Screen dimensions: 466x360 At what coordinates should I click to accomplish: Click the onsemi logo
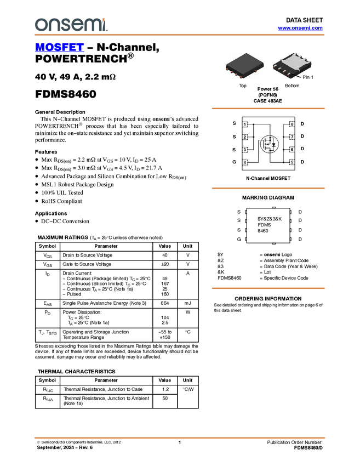[71, 25]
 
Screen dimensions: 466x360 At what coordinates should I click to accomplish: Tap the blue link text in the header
[300, 28]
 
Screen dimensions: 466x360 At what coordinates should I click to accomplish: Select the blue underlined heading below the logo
[59, 48]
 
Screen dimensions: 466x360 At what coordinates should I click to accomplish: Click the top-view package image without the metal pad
[244, 65]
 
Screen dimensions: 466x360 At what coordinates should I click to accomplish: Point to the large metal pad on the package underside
[293, 63]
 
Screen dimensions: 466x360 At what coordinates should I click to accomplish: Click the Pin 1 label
[307, 78]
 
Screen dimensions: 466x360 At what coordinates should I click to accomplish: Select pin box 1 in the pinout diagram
[245, 125]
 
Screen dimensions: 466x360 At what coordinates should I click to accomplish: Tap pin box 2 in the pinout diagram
[245, 137]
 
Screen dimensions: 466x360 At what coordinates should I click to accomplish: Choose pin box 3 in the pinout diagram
[245, 150]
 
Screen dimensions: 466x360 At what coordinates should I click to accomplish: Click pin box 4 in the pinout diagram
[245, 162]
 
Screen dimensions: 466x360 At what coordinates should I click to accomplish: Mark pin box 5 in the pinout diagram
[292, 162]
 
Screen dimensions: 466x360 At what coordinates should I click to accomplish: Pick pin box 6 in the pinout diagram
[292, 150]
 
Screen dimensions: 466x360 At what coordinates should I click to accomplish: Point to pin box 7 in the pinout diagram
[292, 137]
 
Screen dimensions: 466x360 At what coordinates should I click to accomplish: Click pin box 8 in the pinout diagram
[292, 125]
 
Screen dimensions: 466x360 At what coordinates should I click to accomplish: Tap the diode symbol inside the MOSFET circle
[273, 145]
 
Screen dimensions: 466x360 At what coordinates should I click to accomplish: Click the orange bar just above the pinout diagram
[268, 109]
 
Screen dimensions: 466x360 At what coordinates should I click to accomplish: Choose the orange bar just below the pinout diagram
[268, 188]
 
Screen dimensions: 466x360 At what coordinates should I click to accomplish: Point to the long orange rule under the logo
[180, 35]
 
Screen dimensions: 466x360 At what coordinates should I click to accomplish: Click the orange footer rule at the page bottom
[180, 437]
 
